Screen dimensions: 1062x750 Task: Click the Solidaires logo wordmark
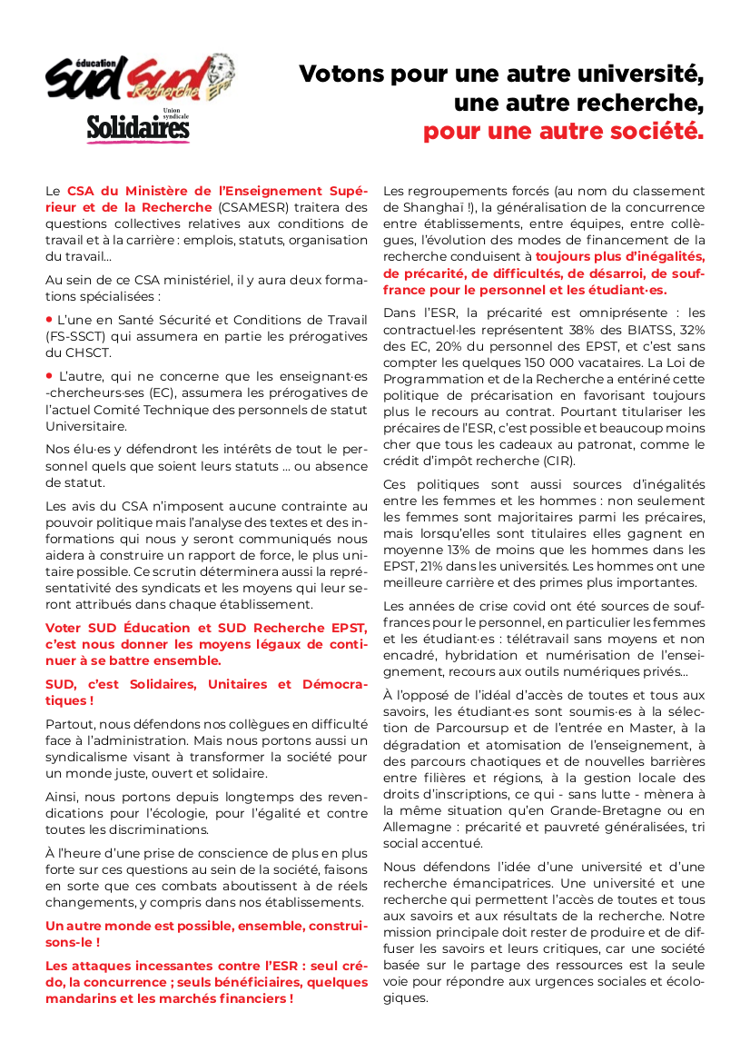pos(138,129)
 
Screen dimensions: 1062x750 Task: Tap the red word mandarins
pos(81,998)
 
